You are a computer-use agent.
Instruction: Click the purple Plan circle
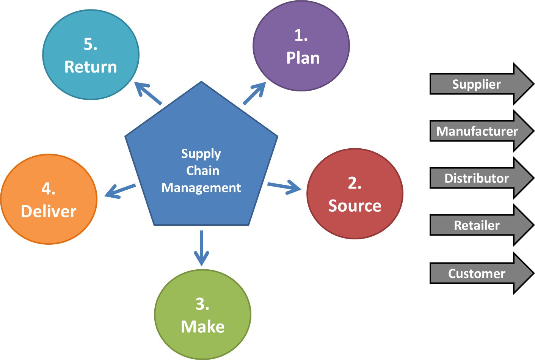301,46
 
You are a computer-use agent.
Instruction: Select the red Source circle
355,194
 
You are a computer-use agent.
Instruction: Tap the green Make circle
202,314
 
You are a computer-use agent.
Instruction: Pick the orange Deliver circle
49,199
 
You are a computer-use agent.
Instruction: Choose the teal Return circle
91,55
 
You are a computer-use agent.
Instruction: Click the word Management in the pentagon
201,188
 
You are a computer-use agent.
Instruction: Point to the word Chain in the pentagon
202,171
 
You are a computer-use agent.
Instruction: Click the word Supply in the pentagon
201,154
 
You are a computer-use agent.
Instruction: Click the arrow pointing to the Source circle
284,186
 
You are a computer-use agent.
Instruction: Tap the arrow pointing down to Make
201,248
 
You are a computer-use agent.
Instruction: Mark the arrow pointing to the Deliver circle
119,190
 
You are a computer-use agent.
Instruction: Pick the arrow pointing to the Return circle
148,93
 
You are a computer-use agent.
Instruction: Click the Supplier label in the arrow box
476,84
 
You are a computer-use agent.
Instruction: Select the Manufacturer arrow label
477,131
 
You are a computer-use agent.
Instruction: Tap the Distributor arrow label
476,178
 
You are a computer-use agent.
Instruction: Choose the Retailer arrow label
477,225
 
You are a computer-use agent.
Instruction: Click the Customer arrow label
477,274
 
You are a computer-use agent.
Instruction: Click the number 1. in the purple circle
301,35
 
